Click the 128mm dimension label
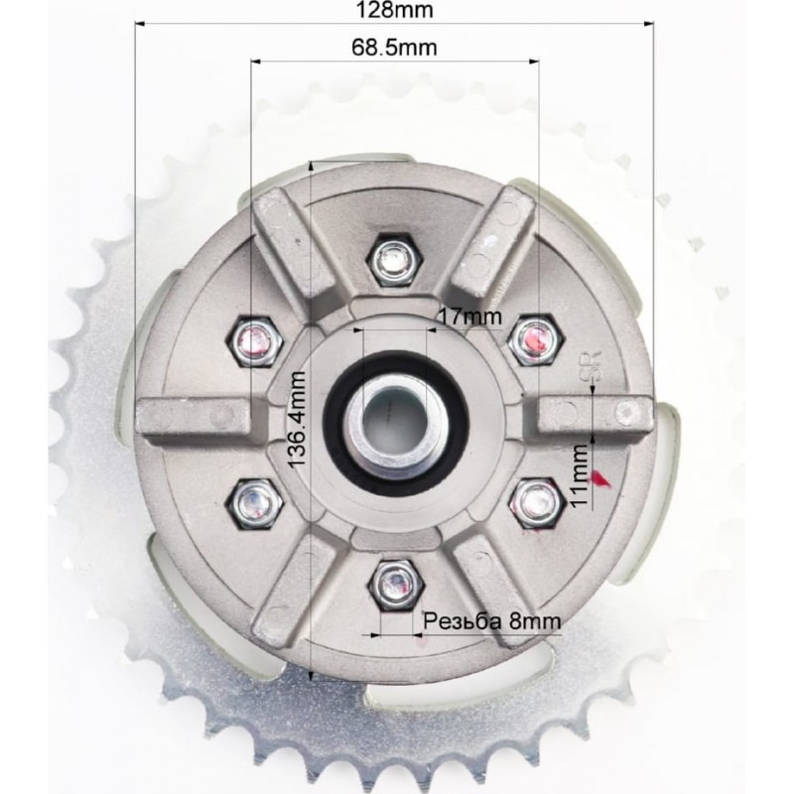point(394,10)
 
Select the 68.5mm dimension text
point(394,48)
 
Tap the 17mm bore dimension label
point(470,317)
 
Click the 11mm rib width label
point(579,475)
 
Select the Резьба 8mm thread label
point(491,621)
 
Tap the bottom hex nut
point(396,587)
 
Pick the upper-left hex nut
point(254,340)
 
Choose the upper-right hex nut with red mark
point(536,338)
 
